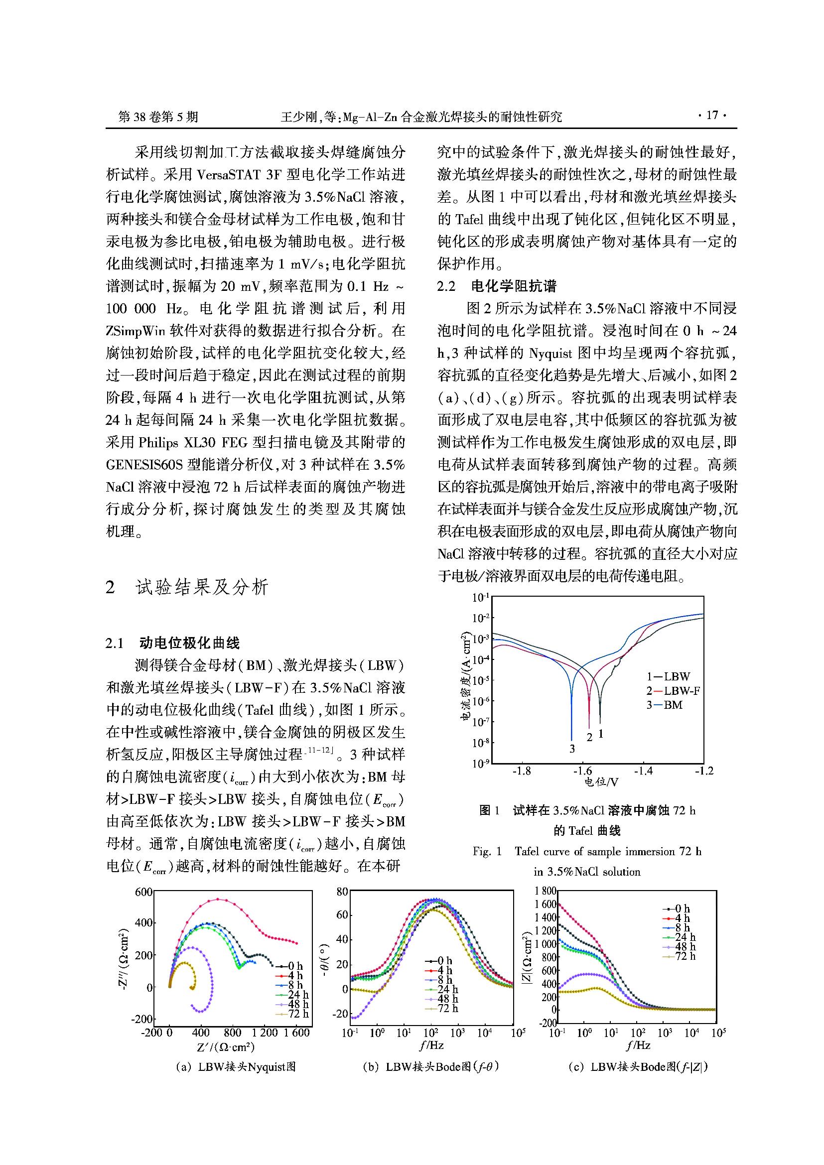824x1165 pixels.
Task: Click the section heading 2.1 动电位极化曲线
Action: coord(172,644)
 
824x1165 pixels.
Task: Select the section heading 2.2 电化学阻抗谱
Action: coord(497,286)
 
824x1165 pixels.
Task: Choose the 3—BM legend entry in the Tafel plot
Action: coord(664,705)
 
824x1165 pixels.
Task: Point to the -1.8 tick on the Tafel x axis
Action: coord(521,771)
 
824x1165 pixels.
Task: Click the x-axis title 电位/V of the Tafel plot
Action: coord(601,782)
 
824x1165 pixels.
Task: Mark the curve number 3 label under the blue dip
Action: coord(572,749)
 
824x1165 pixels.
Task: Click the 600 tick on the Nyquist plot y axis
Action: coord(143,892)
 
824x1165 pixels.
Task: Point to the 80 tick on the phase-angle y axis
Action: coord(342,892)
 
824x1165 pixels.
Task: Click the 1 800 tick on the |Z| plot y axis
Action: coord(545,891)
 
